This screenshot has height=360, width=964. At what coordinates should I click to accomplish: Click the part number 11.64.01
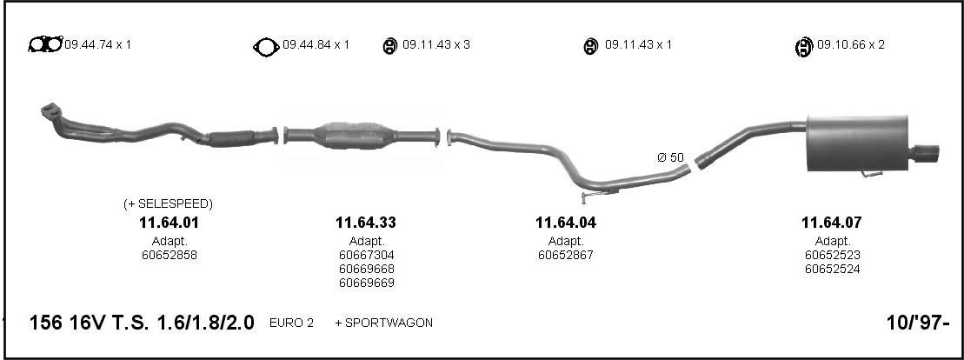(169, 223)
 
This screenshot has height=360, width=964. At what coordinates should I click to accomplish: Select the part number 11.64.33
(366, 223)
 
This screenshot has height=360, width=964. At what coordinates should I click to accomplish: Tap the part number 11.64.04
(566, 223)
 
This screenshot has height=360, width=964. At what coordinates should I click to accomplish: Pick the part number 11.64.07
(831, 223)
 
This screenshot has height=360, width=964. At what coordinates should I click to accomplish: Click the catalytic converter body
(354, 135)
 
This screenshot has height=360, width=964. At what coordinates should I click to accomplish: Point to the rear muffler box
(857, 143)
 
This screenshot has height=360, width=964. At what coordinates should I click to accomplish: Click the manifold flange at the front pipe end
(51, 111)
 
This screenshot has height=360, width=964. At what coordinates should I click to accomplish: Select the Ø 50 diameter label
(670, 157)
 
